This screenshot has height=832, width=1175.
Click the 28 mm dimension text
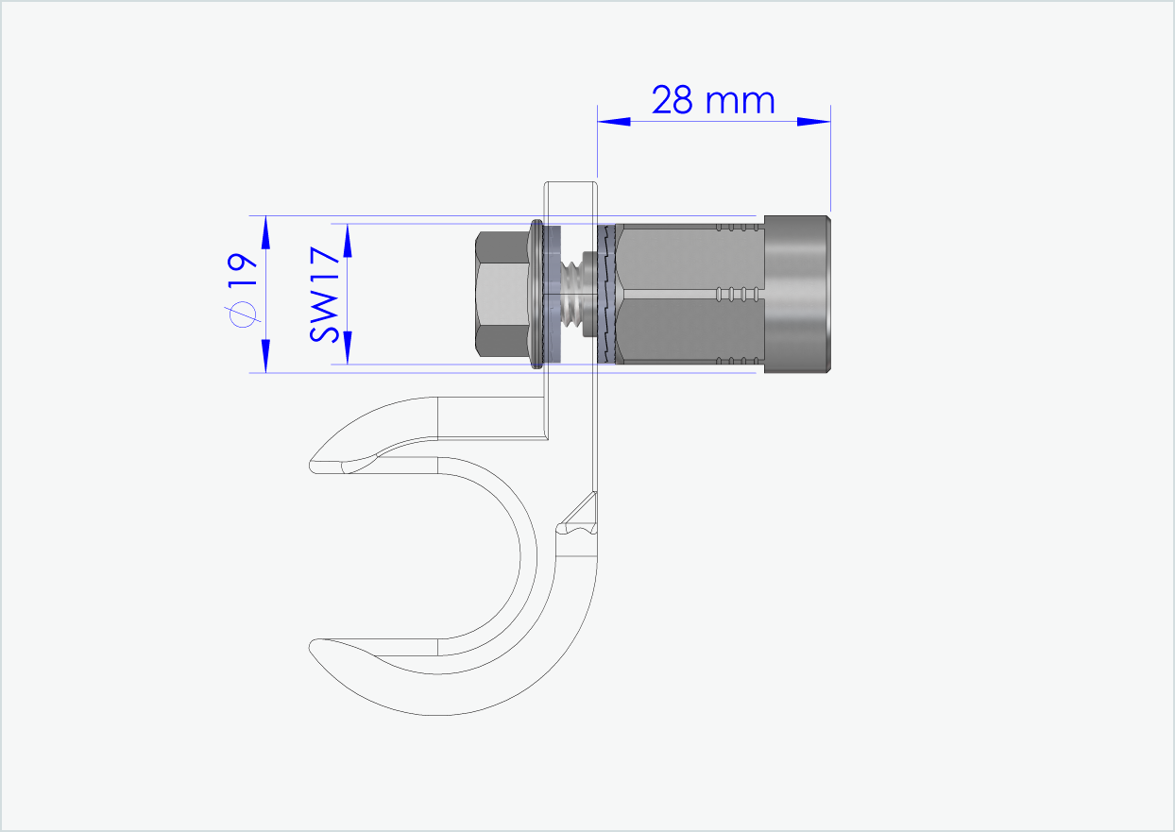(x=713, y=100)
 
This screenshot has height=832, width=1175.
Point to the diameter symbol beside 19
(x=243, y=314)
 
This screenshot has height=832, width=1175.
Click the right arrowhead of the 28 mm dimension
(x=813, y=121)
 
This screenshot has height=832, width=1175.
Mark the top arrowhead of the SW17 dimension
(x=348, y=241)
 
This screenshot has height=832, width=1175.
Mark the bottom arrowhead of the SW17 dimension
(x=348, y=348)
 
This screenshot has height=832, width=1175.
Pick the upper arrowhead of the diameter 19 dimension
(x=265, y=232)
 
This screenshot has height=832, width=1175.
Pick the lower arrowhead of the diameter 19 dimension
(x=265, y=356)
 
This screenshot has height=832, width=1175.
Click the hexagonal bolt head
(x=501, y=294)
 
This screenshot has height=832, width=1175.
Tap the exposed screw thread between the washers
(x=573, y=294)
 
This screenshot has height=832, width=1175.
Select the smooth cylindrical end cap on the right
(x=797, y=294)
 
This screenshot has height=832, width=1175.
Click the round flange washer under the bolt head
(x=536, y=294)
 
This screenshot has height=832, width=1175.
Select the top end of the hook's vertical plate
(x=570, y=187)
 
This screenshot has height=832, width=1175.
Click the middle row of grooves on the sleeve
(x=738, y=292)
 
